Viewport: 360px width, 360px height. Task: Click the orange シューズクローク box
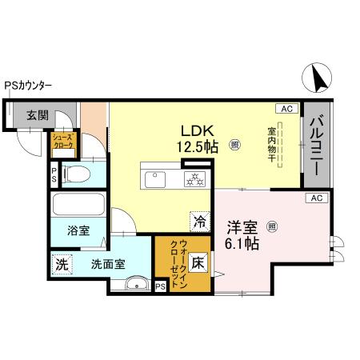[x=63, y=145]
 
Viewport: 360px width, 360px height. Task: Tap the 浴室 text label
[x=78, y=230]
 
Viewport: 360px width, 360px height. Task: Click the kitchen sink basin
[x=154, y=177]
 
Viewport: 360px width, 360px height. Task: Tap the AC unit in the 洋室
[x=315, y=198]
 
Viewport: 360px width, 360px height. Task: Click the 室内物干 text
[x=271, y=145]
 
